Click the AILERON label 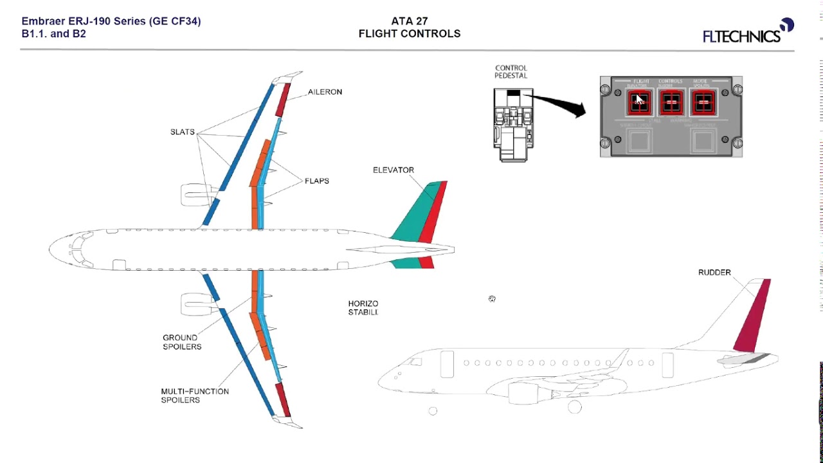(325, 92)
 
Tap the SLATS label (182, 132)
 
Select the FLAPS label (316, 181)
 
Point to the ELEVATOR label (393, 170)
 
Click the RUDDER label (714, 273)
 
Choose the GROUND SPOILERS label (181, 342)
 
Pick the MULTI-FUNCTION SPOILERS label (194, 395)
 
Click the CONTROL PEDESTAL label (511, 71)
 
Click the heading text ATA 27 (409, 21)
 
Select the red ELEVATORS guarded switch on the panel (638, 102)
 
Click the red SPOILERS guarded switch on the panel (704, 102)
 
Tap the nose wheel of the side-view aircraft (433, 411)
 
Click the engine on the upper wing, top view (195, 194)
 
